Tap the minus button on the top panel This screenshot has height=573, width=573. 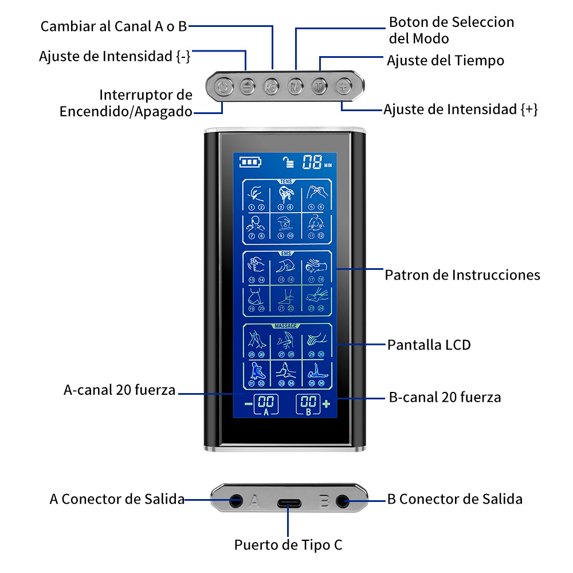246,87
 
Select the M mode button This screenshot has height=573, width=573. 295,87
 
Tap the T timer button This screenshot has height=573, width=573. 319,87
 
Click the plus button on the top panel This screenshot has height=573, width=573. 343,87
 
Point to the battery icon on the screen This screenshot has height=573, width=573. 249,162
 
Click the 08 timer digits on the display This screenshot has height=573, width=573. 312,162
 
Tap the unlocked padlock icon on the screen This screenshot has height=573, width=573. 288,162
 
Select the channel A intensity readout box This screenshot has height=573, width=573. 266,405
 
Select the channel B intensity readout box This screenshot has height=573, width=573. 308,405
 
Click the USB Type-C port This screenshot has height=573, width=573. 288,504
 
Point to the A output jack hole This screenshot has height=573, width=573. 235,500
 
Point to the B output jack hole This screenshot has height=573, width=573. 343,500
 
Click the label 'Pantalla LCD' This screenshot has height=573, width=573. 429,345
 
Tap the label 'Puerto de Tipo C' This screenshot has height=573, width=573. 288,544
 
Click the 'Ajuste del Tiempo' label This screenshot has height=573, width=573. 445,60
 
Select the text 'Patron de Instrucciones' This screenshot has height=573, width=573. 462,275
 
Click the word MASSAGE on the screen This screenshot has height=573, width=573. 286,326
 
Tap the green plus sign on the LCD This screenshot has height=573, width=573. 327,404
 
